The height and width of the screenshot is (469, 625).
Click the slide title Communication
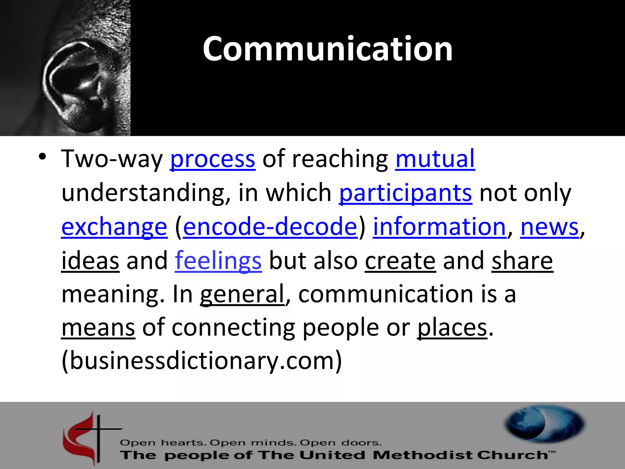pos(327,49)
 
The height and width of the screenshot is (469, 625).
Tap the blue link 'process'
pos(212,159)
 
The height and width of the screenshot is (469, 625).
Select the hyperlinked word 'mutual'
pos(435,158)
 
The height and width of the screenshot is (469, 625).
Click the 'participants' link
pos(406,193)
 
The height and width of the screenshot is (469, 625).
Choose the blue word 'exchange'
pos(114,227)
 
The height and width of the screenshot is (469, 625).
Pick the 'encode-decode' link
pos(270,227)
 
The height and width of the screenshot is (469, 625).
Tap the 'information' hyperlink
pos(439,227)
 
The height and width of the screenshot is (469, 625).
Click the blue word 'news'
pos(549,227)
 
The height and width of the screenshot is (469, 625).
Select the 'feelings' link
pos(218,260)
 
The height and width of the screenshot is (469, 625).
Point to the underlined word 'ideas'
pos(90,260)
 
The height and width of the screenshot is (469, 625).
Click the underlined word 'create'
pos(400,260)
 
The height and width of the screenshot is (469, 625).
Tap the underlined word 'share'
pos(522,260)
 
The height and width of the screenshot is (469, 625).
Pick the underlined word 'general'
pos(242,294)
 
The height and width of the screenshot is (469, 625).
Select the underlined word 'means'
pos(98,328)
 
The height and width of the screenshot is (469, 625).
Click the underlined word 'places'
pos(452,328)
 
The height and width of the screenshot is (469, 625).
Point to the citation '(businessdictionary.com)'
pos(202,361)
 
